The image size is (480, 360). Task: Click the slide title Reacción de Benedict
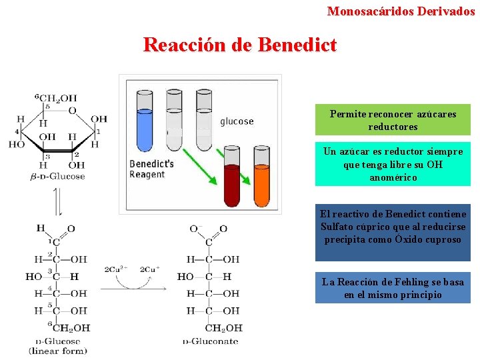pos(240,45)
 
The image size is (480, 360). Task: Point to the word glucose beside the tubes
pos(237,121)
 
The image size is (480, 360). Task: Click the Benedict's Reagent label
pos(151,169)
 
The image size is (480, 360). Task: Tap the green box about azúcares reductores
pos(393,120)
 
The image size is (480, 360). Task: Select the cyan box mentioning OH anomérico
pos(393,164)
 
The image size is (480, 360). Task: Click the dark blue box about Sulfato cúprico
pos(393,227)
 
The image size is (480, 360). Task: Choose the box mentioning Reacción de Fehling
pos(393,288)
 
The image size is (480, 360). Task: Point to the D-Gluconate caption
pos(211,341)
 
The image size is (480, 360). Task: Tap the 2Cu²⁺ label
pos(116,269)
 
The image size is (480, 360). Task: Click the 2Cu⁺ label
pos(150,269)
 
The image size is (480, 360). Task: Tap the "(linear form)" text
pos(58,350)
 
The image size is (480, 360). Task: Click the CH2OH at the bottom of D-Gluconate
pos(223,328)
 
